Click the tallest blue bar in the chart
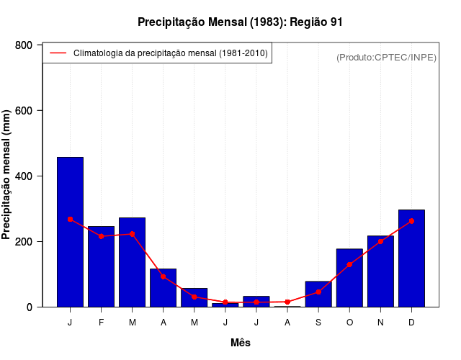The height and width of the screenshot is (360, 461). click(70, 232)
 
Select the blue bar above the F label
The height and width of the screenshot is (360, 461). click(101, 266)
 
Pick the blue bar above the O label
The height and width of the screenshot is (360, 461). click(349, 278)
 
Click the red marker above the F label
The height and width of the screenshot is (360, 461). click(101, 236)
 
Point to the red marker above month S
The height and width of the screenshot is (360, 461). click(318, 292)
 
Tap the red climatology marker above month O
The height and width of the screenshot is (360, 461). click(349, 265)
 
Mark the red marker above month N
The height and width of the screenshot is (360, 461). click(380, 241)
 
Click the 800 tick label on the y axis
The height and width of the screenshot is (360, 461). click(23, 45)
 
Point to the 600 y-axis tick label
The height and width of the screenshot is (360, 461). click(23, 111)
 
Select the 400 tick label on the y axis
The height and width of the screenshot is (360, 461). click(23, 176)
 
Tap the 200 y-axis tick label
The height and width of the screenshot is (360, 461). click(23, 242)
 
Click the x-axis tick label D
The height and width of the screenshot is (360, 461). click(411, 323)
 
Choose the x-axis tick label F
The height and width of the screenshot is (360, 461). click(101, 323)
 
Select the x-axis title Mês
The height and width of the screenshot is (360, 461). click(241, 343)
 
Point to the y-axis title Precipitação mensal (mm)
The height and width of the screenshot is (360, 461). click(7, 175)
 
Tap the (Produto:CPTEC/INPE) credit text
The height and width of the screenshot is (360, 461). click(386, 57)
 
